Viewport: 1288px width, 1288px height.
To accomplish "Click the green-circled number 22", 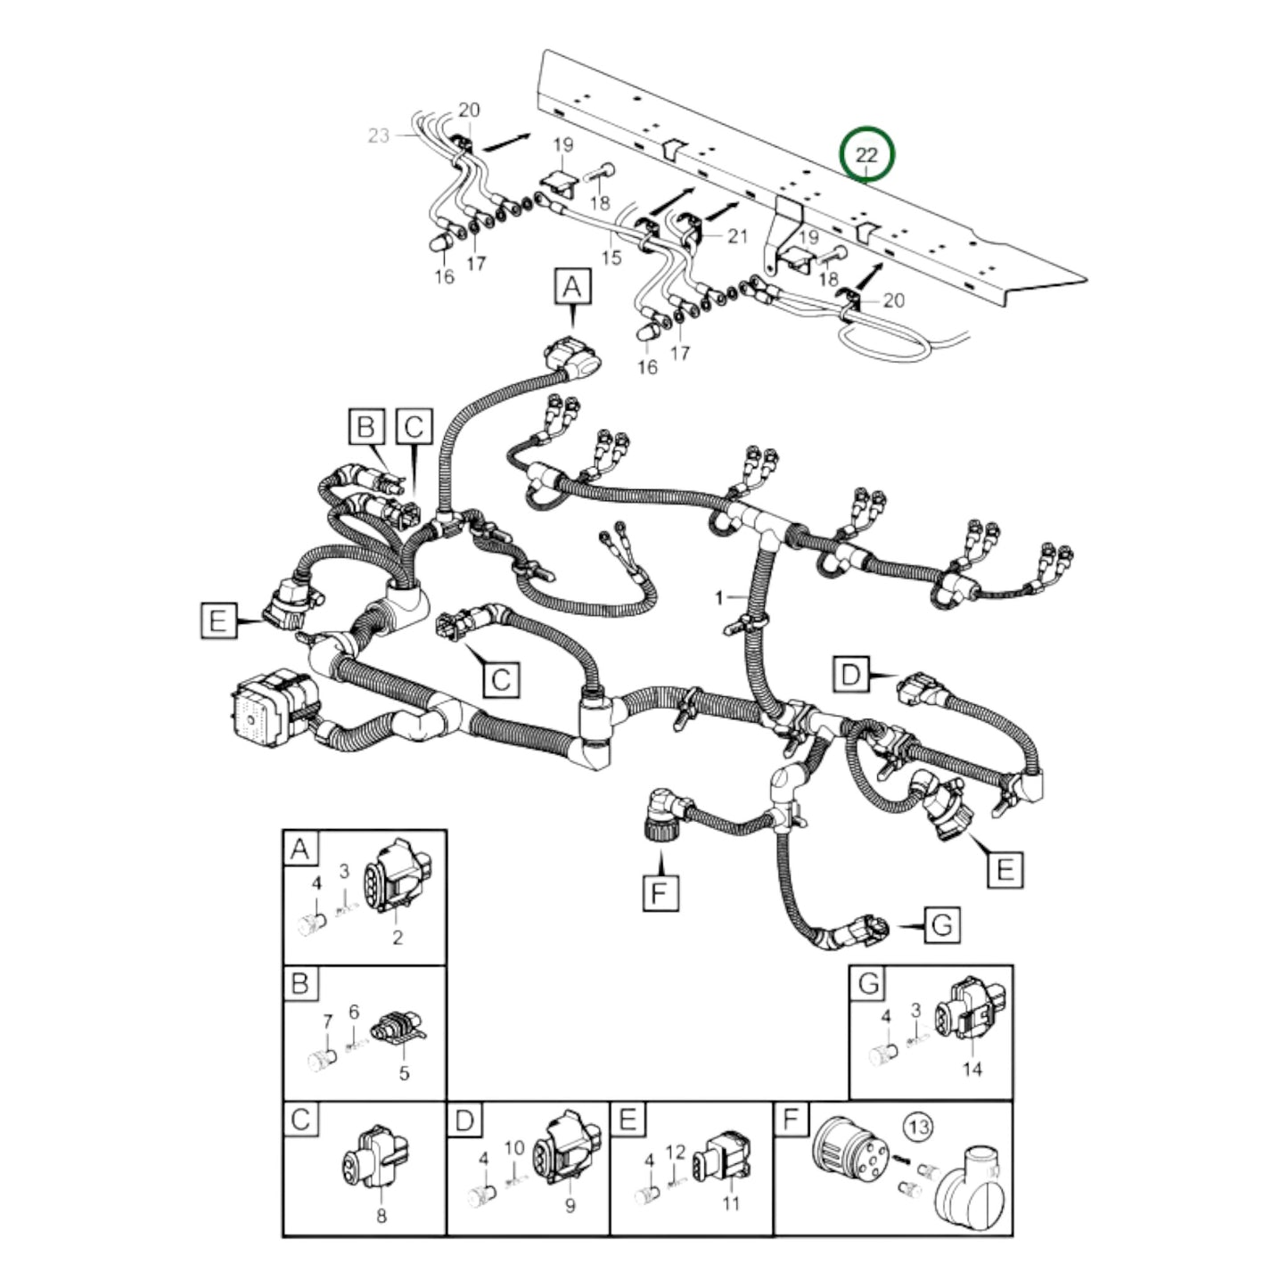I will (x=866, y=155).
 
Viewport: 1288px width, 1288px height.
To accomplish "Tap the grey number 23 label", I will (x=379, y=135).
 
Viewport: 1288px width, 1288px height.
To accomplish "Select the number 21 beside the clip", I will (x=737, y=235).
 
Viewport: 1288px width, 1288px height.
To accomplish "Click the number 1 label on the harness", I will (x=719, y=597).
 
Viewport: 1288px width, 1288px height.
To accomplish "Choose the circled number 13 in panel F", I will (x=918, y=1127).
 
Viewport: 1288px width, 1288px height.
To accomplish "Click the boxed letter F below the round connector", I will (x=660, y=892).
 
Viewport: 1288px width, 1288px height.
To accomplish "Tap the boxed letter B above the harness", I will (x=365, y=426).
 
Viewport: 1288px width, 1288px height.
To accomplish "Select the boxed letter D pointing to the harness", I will (x=850, y=675).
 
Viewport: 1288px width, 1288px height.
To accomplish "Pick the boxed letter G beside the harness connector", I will (x=942, y=925).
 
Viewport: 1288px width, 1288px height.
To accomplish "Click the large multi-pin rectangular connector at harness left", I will (x=267, y=705).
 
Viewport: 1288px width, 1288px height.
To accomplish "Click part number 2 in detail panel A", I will (x=398, y=937).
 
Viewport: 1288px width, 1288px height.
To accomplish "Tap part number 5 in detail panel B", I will (x=404, y=1073).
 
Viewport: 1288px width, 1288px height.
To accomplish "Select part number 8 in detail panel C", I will (x=381, y=1215).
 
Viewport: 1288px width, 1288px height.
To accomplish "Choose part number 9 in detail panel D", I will (x=570, y=1206).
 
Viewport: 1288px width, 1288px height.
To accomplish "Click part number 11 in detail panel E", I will (x=731, y=1203).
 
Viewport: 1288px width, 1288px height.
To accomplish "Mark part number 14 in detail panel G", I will (x=972, y=1068).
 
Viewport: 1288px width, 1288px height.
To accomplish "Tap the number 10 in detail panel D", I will (x=515, y=1148).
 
